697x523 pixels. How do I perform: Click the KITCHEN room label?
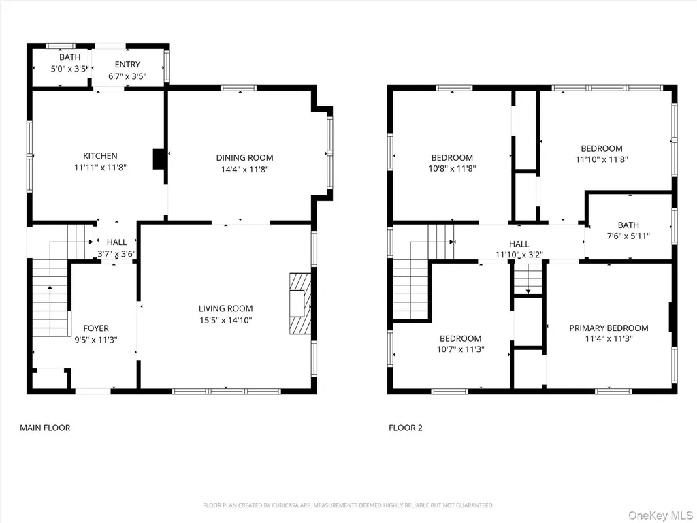[x=101, y=156]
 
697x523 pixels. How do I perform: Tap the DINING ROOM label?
[x=244, y=157]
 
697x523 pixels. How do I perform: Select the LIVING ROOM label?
[x=226, y=308]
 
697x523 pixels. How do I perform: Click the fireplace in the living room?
[x=300, y=303]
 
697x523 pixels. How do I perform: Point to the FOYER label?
[x=96, y=328]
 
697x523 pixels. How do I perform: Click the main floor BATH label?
[x=70, y=57]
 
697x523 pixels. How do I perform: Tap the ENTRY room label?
[x=127, y=65]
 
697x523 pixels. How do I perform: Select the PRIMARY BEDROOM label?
[x=609, y=328]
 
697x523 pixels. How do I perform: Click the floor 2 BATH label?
[x=628, y=225]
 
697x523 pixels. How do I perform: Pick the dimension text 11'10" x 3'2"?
[x=519, y=255]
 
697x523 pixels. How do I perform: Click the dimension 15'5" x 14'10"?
[x=226, y=320]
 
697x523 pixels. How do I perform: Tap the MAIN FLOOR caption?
[x=46, y=428]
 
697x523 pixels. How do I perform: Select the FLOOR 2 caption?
[x=406, y=428]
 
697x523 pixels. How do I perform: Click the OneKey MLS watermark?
[x=661, y=516]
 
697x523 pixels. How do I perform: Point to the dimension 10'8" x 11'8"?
[x=453, y=169]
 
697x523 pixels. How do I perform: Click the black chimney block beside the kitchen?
[x=159, y=159]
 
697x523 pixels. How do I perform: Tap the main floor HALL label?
[x=117, y=242]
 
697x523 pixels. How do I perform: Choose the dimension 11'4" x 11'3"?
[x=609, y=339]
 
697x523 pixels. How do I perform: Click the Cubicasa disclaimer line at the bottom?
[x=348, y=505]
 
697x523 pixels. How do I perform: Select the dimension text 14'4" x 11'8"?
[x=245, y=169]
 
